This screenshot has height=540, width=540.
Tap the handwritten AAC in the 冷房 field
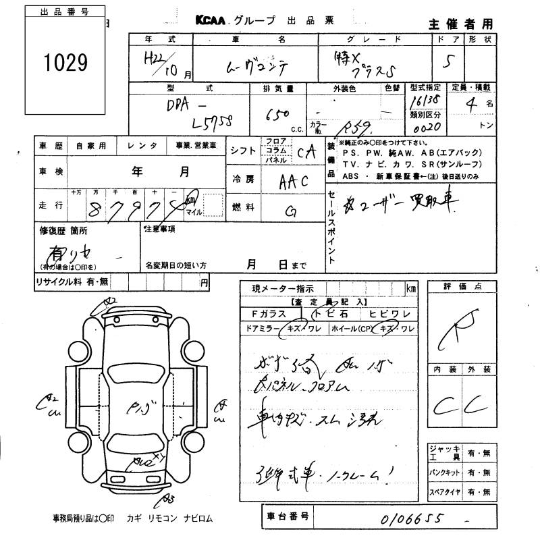[294, 183]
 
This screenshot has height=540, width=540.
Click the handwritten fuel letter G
[292, 212]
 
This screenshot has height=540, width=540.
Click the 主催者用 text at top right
[460, 24]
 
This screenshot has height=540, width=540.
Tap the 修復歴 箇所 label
[63, 231]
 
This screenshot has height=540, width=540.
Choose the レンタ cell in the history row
[144, 145]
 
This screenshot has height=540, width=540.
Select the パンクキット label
[446, 472]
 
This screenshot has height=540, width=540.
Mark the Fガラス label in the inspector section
[269, 314]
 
